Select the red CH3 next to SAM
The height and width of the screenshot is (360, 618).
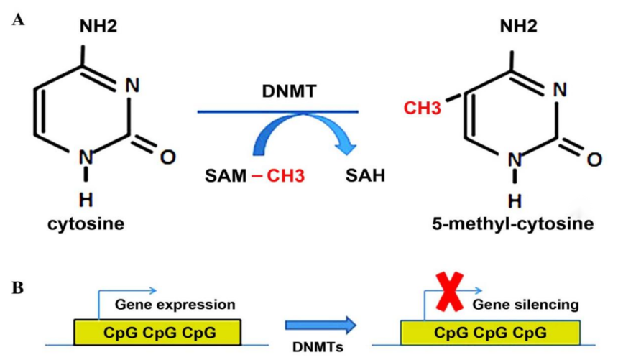point(287,175)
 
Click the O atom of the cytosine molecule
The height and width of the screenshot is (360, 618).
point(167,155)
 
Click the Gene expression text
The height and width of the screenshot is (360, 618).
point(175,304)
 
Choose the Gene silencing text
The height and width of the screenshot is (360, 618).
point(526,304)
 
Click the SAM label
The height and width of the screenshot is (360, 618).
point(226,175)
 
